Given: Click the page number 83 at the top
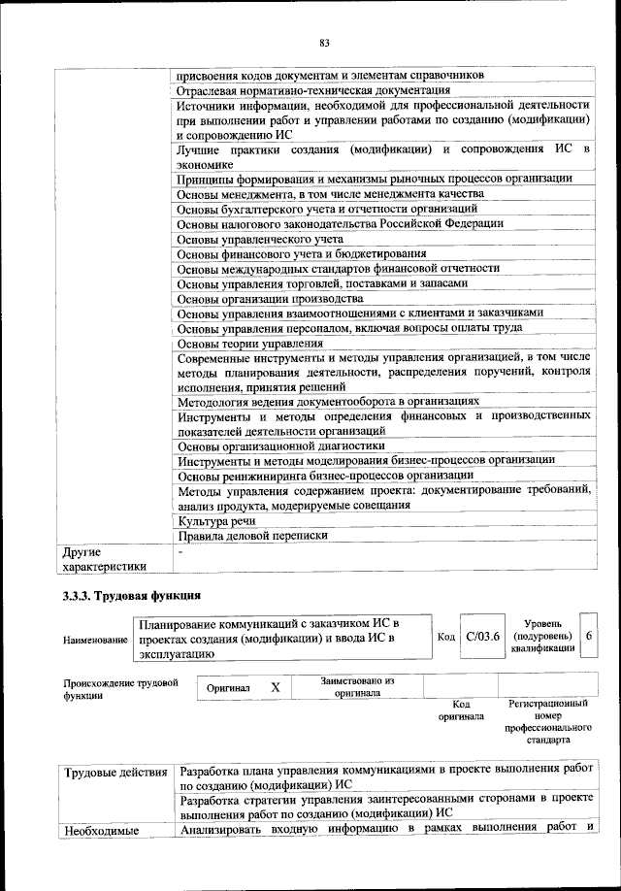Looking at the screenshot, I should [324, 41].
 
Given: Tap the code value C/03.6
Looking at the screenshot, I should [481, 637].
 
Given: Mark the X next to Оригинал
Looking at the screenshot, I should [275, 687].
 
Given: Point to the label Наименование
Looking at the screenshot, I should [95, 641].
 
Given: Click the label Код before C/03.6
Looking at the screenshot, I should [446, 638].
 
